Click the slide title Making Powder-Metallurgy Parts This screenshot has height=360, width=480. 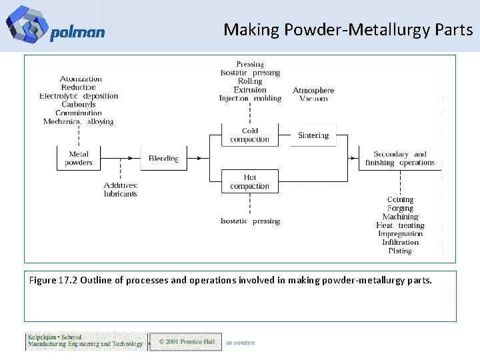[348, 30]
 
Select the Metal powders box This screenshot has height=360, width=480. [79, 159]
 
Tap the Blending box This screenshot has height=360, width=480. [163, 159]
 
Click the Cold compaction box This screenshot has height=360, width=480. [249, 135]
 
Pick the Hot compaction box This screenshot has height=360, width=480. [249, 181]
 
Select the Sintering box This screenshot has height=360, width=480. [313, 135]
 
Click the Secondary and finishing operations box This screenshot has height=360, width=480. [400, 159]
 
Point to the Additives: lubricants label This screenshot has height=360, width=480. [121, 189]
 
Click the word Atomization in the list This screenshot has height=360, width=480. [81, 79]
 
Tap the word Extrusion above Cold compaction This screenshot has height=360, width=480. [250, 90]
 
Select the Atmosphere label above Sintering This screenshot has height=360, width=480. [313, 90]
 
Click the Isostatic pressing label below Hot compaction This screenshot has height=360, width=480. [250, 221]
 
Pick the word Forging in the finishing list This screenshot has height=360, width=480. [400, 208]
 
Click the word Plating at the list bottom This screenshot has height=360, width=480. [400, 251]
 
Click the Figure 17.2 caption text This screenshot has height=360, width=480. [231, 281]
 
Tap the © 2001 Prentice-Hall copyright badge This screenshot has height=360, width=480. [185, 342]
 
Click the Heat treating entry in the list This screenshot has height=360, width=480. [400, 225]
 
